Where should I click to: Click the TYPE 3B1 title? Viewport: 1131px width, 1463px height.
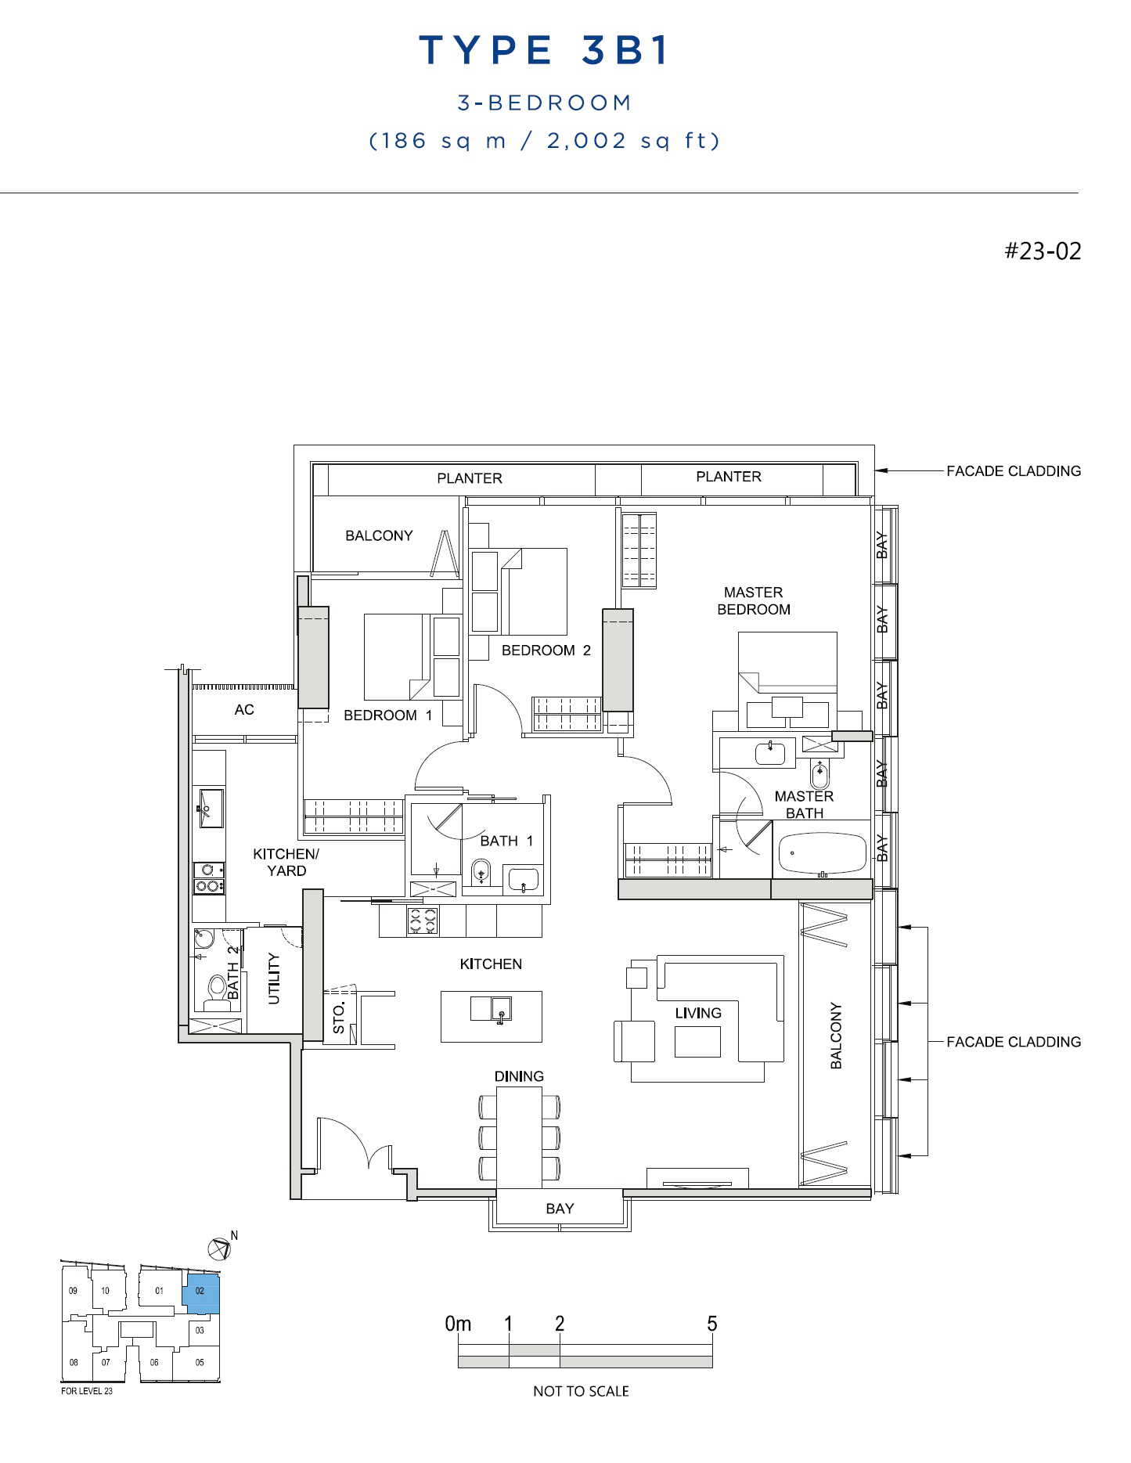(x=545, y=50)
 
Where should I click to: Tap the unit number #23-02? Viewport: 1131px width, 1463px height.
(x=1043, y=250)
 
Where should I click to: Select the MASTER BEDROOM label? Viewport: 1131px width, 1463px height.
(x=754, y=600)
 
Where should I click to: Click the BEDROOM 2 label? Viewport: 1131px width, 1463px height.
(x=546, y=650)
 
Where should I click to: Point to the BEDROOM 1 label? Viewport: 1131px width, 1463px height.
(x=388, y=715)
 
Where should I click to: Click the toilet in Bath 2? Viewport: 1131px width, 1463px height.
(x=215, y=991)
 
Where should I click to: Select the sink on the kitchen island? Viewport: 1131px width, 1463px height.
(x=491, y=1008)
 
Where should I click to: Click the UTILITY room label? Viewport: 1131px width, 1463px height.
(x=273, y=978)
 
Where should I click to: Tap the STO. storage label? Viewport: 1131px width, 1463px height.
(x=339, y=1019)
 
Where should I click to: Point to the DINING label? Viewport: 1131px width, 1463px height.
(x=519, y=1076)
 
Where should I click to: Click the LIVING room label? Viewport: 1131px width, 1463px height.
(x=698, y=1013)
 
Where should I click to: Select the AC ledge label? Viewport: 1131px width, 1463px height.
(x=244, y=709)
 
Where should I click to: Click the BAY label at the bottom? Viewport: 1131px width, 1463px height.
(x=560, y=1208)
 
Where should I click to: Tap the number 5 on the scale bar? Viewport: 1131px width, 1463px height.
(x=712, y=1324)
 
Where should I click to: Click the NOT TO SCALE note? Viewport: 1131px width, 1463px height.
(x=581, y=1391)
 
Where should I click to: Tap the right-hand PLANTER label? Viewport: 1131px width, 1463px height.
(x=729, y=476)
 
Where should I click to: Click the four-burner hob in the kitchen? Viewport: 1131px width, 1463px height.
(x=423, y=920)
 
